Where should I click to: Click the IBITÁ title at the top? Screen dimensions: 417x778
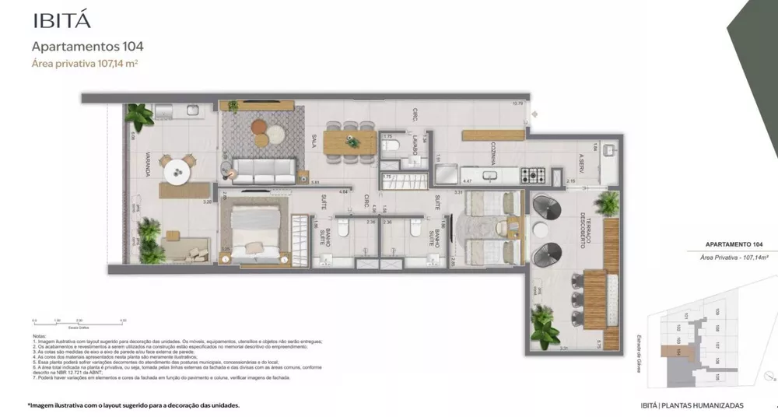[x=50, y=19]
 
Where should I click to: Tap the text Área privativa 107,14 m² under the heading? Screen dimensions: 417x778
[x=84, y=64]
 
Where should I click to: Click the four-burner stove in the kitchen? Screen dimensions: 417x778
[x=535, y=174]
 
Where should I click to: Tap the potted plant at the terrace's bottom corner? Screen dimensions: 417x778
[x=548, y=327]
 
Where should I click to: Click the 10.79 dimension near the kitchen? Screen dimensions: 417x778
[x=517, y=103]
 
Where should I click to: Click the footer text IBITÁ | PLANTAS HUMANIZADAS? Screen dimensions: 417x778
[x=688, y=405]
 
